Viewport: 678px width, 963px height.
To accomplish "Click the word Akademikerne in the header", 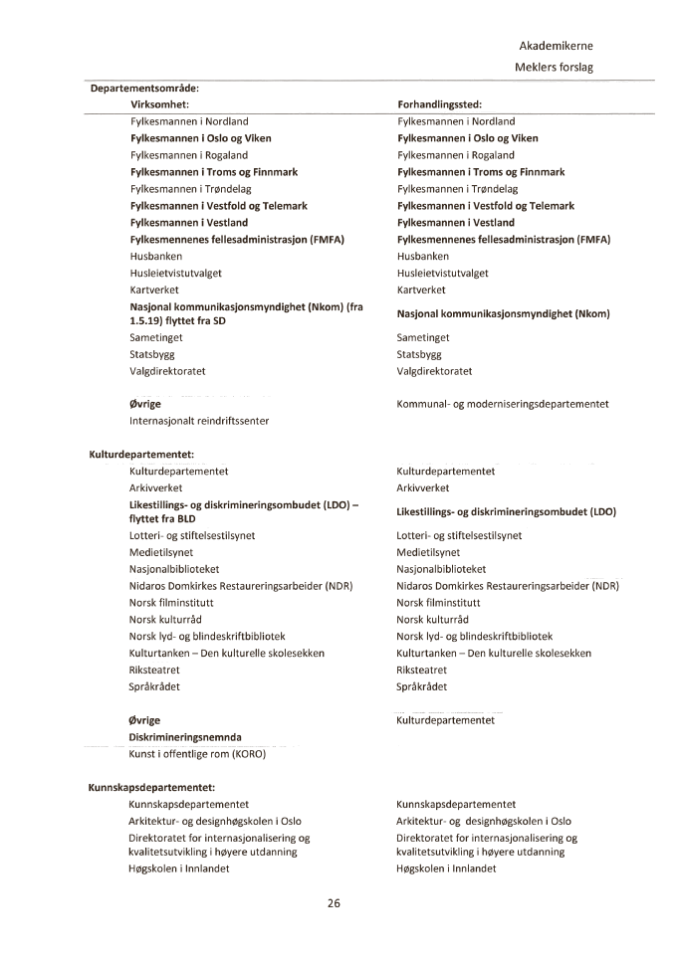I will click(x=556, y=46).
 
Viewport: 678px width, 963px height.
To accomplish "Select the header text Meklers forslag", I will click(x=555, y=67).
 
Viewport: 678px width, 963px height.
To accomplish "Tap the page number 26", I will click(x=335, y=903).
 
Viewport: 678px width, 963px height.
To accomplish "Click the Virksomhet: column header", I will click(x=160, y=104).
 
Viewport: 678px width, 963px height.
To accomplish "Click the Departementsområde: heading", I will click(x=144, y=88).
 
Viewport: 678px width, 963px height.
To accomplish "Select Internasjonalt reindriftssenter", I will click(x=199, y=421).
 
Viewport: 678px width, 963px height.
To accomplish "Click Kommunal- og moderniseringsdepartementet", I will click(x=503, y=404).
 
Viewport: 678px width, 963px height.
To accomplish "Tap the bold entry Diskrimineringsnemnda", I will click(x=185, y=737).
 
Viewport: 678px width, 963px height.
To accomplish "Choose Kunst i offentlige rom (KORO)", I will click(x=197, y=754).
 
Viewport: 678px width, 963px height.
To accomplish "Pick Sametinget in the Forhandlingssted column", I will click(x=423, y=338).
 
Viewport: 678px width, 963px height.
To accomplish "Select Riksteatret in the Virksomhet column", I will click(x=155, y=670).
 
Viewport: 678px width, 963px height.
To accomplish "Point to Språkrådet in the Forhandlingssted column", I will click(x=422, y=686).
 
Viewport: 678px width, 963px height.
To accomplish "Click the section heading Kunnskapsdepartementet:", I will click(x=152, y=787).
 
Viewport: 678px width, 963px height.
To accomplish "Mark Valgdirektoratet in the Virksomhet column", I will click(x=167, y=371).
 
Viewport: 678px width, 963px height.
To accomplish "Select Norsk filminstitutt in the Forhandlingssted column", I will click(x=438, y=603).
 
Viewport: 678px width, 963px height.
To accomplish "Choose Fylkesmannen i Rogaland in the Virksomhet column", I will click(x=189, y=155).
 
